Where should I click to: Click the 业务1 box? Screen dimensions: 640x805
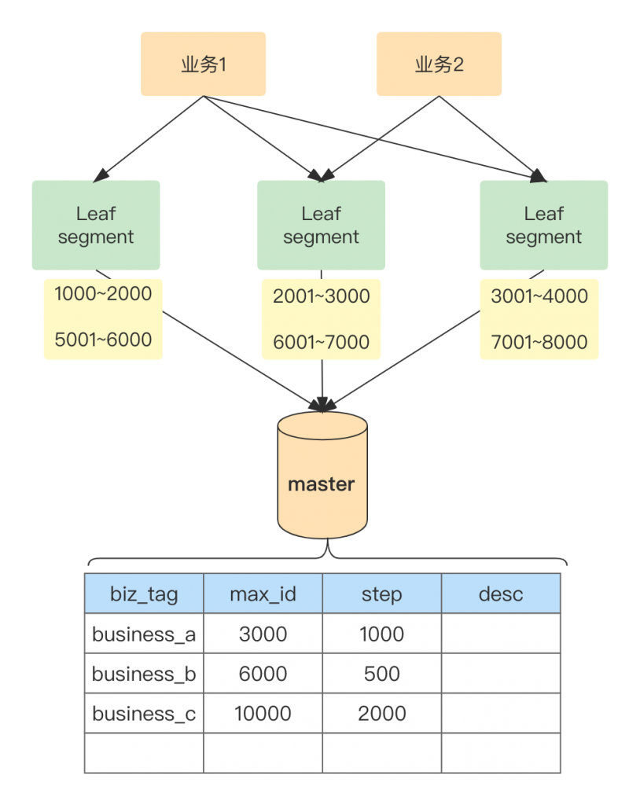pyautogui.click(x=204, y=64)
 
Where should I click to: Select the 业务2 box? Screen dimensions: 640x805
pyautogui.click(x=440, y=64)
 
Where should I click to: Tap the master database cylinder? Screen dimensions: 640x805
pyautogui.click(x=322, y=475)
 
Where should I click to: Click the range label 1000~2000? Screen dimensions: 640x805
pyautogui.click(x=103, y=294)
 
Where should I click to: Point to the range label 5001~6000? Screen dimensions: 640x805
pyautogui.click(x=103, y=340)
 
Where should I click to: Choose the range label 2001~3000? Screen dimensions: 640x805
pyautogui.click(x=322, y=296)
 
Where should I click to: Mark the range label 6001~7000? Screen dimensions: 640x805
pyautogui.click(x=322, y=342)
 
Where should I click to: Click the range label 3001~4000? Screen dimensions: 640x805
pyautogui.click(x=539, y=296)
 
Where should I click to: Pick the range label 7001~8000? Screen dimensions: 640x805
pyautogui.click(x=539, y=342)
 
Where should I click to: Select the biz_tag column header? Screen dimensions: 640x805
pyautogui.click(x=144, y=594)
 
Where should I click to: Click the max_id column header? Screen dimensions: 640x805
pyautogui.click(x=263, y=594)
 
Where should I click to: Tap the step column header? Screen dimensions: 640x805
pyautogui.click(x=381, y=594)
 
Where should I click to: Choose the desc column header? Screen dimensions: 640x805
pyautogui.click(x=501, y=594)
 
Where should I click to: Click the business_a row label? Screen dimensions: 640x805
pyautogui.click(x=144, y=634)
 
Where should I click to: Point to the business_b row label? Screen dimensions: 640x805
pyautogui.click(x=144, y=674)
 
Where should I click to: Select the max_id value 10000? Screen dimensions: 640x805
pyautogui.click(x=263, y=714)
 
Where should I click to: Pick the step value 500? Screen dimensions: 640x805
pyautogui.click(x=381, y=674)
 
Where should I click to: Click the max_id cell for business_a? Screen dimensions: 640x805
pyautogui.click(x=263, y=634)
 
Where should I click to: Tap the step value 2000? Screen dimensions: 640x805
pyautogui.click(x=381, y=714)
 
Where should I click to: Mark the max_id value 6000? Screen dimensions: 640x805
pyautogui.click(x=263, y=674)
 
